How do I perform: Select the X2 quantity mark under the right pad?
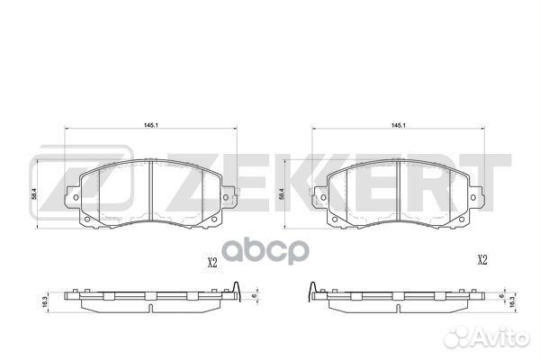pyautogui.click(x=481, y=261)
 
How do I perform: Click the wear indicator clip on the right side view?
pyautogui.click(x=311, y=290)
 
